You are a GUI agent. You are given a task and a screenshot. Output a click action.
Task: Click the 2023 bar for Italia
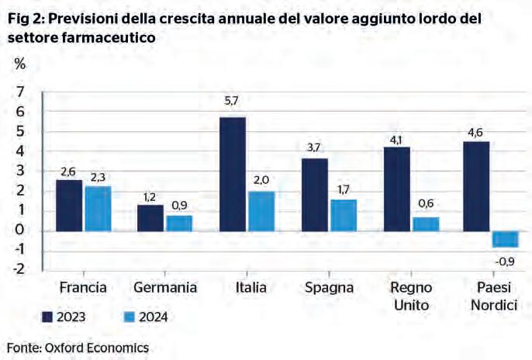[x=233, y=174]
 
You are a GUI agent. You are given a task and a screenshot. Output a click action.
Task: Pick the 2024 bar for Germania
[x=178, y=223]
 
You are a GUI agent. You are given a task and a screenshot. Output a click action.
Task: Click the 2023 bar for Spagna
[x=314, y=195]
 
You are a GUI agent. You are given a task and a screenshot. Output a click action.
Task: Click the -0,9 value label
[x=506, y=260]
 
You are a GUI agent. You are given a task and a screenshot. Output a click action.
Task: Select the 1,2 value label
[x=150, y=196]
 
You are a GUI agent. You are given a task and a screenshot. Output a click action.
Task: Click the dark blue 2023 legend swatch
[x=47, y=317]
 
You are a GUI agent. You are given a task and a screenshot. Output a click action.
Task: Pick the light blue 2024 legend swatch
[x=130, y=317]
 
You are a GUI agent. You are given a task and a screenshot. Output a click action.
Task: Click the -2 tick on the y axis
[x=16, y=269]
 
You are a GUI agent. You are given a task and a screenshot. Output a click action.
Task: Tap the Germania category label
[x=165, y=288]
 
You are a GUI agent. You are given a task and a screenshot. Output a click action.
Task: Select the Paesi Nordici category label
[x=493, y=296]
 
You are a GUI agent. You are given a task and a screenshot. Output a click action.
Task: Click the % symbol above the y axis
[x=19, y=64]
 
